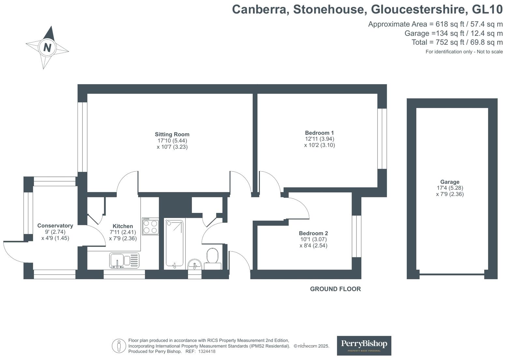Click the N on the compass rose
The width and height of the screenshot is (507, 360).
pos(47,48)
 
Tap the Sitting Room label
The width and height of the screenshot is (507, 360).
pos(172,134)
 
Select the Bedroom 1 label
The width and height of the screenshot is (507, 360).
pos(319,133)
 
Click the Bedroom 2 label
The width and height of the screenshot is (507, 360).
pos(313,233)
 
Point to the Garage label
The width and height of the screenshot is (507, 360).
pos(450,182)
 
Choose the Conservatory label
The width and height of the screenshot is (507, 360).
pos(55,226)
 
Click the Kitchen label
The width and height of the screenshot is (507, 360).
pos(123,226)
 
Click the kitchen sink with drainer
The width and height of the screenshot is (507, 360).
pos(124,261)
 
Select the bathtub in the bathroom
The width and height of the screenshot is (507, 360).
pos(174,243)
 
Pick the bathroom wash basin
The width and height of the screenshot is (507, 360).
pos(195,264)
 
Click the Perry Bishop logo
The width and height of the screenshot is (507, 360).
pos(364,345)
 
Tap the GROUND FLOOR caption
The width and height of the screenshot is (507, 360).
pos(335,289)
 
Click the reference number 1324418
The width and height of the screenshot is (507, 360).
pos(207,352)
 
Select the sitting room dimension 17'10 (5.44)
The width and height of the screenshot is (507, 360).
pos(172,141)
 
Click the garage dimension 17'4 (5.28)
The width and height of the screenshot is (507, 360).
pos(450,188)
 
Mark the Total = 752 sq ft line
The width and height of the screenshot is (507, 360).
pos(457,42)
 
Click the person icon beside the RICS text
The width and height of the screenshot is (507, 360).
pos(119,346)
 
